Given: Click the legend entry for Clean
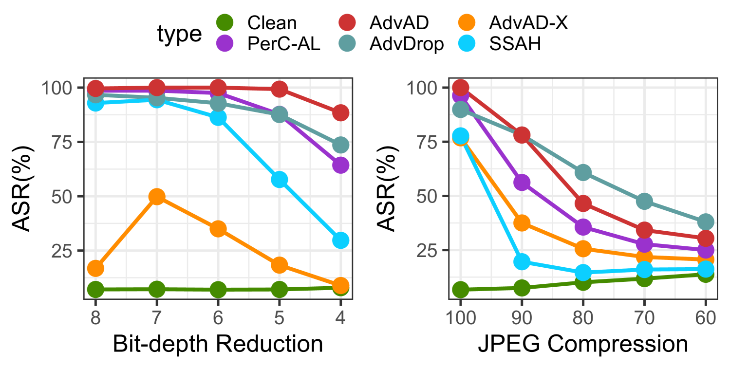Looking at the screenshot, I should pos(271,22).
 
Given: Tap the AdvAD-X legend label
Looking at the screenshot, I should pos(528,22).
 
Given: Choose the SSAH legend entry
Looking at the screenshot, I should pos(515,45).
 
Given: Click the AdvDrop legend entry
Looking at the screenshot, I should pos(406,45).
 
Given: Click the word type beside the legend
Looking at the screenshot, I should pos(179,34).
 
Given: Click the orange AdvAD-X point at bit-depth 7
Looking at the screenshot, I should pos(157,197).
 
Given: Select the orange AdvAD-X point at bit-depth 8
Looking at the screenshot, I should pos(95,268).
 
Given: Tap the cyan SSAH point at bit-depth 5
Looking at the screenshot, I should pos(279,180).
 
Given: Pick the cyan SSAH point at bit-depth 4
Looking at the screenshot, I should pos(340,240).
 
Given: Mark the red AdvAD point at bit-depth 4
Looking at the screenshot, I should pos(340,113).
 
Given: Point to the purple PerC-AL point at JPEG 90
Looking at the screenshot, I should pos(522,183).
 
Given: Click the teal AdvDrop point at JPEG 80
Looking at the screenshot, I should pos(583,173).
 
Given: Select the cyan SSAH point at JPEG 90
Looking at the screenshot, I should pos(522,262).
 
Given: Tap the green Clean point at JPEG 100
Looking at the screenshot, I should pos(460,290).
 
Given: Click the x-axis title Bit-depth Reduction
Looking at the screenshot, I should pos(218,344).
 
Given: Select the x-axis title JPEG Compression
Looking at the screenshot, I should pos(583,344).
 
